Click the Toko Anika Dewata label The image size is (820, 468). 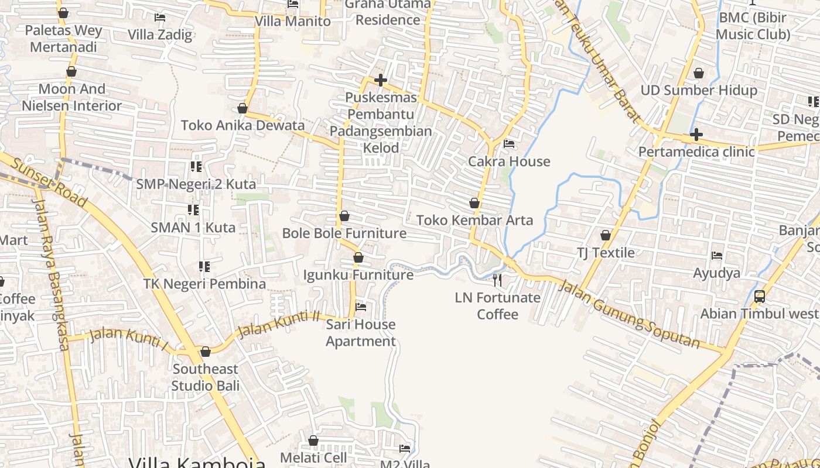pos(242,125)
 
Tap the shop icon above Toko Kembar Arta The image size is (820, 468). pos(474,203)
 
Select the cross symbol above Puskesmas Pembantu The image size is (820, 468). pos(381,80)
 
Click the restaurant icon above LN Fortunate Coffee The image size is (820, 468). pos(497,280)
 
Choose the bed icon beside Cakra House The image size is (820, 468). pos(509,143)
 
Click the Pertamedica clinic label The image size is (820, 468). pos(696,152)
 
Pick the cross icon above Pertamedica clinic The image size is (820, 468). pos(696,135)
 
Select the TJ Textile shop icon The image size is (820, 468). pos(606,235)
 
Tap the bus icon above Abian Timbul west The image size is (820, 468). pos(760,296)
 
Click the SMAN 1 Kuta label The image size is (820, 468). pos(193,228)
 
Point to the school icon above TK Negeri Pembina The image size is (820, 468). pos(204,267)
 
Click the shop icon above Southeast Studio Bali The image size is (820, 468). pos(205,352)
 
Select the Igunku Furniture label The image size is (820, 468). pos(358,275)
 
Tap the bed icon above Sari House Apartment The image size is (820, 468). pos(361,307)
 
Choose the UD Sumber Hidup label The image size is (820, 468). pos(699,90)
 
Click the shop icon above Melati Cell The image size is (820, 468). pos(313,441)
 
